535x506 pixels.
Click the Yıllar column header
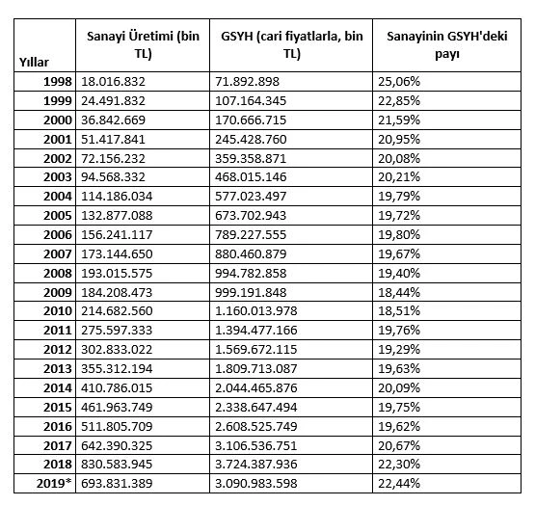pos(35,62)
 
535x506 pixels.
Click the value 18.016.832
pos(118,83)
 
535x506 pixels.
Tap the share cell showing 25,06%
pos(400,83)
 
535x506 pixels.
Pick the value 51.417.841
pos(118,141)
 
